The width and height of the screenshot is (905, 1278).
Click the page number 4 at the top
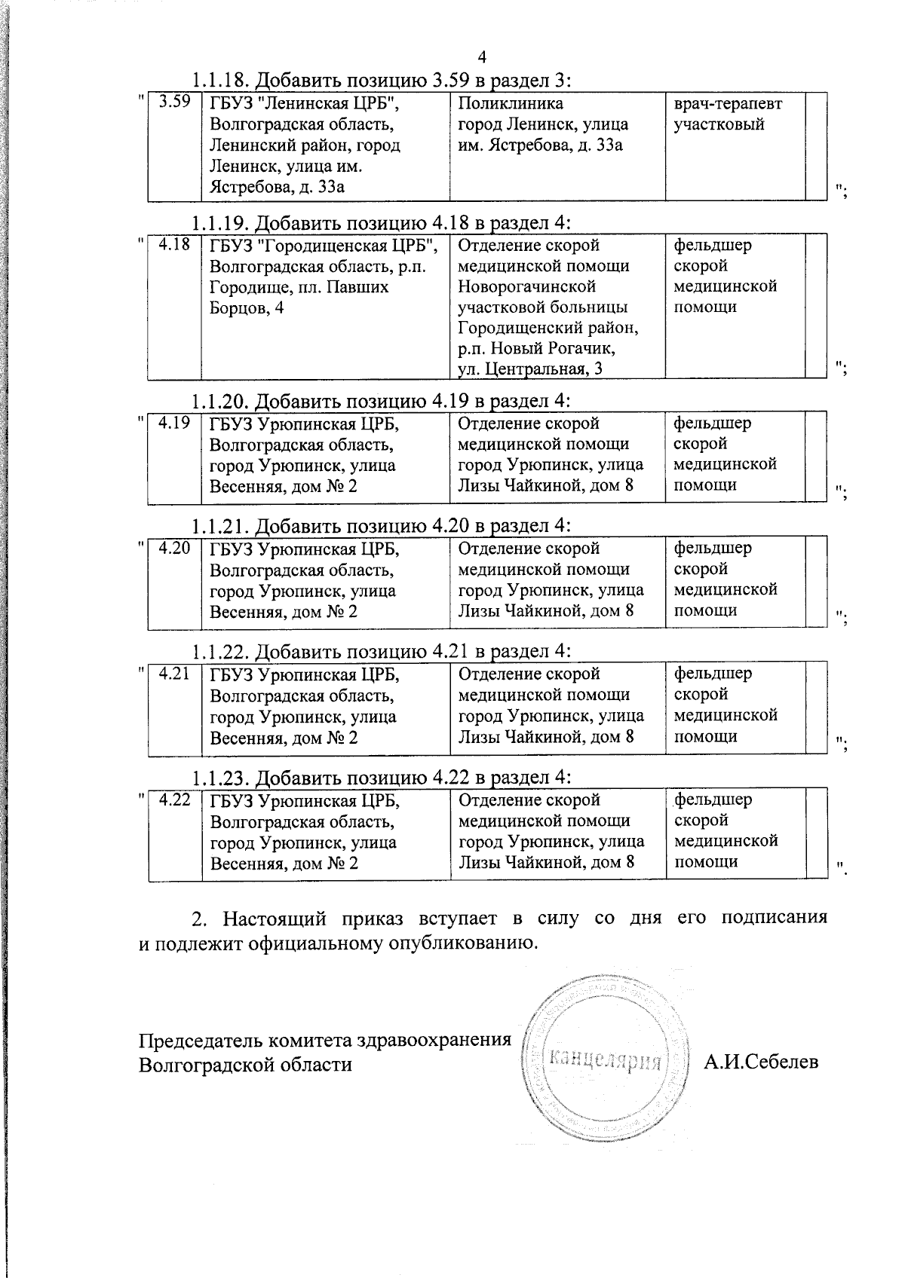pos(483,58)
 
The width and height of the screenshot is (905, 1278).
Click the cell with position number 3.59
pos(174,102)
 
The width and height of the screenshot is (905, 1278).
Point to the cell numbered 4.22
pos(174,800)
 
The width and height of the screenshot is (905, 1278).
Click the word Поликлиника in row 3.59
pos(511,103)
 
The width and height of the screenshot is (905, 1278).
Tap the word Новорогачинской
pos(527,286)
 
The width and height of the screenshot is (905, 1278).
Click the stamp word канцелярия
pos(607,1061)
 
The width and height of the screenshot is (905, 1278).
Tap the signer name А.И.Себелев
pos(761,1062)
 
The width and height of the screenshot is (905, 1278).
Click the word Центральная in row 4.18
pos(536,369)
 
